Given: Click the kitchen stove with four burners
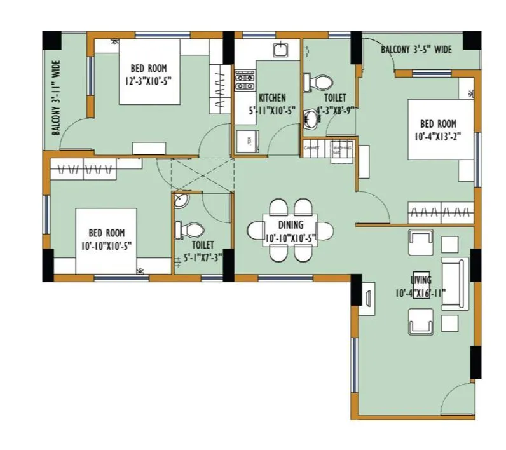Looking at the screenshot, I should pos(245,80).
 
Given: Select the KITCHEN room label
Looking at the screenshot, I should pos(272,98).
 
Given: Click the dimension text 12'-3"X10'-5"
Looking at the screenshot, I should pos(149,80).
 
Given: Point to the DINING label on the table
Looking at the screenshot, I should pos(290,225).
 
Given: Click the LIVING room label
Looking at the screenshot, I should pos(421,280).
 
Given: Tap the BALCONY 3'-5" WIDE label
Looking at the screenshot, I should pos(416,50).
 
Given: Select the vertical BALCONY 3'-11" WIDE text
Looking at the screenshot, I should pos(57,98).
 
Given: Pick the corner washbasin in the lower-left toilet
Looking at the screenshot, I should pos(180,201).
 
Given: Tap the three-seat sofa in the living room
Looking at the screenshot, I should pos(455,284).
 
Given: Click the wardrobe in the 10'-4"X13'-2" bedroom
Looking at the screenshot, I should pos(441,211).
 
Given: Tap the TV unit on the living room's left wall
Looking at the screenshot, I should pos(368,297).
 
